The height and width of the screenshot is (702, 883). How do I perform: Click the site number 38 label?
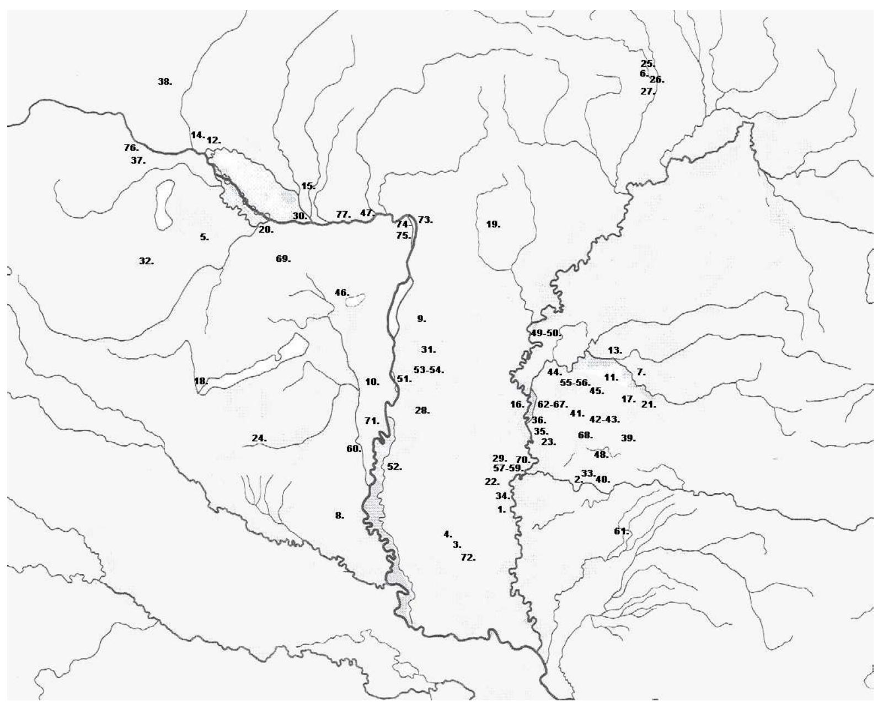164,82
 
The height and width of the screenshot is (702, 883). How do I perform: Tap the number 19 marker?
493,224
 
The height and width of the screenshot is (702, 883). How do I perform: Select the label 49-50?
545,333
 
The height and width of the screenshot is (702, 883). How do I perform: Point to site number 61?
621,531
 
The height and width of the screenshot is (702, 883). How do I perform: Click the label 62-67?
552,404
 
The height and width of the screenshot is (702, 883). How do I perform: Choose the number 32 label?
146,261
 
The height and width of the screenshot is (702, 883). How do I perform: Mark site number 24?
259,438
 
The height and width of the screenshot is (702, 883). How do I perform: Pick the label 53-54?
429,370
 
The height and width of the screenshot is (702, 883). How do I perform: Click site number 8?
339,516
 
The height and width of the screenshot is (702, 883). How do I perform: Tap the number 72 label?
468,558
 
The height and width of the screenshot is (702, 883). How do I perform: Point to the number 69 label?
283,259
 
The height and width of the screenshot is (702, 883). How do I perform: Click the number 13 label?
614,350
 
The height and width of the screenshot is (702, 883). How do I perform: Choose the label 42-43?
604,419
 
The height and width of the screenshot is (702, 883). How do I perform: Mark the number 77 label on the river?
343,215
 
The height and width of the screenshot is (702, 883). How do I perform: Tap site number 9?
421,319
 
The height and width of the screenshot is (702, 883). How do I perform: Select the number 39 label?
628,438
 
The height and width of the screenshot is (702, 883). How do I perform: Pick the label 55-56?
575,382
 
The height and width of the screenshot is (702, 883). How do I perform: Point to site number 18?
201,381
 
